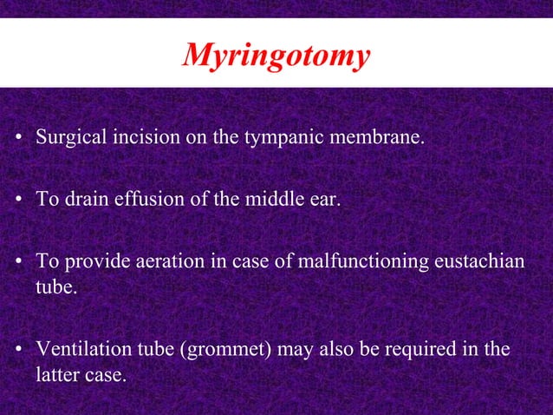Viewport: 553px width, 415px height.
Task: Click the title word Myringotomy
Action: [x=276, y=56]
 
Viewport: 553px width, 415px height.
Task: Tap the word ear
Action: [x=321, y=201]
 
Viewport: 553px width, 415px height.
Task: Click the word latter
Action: [x=56, y=374]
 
